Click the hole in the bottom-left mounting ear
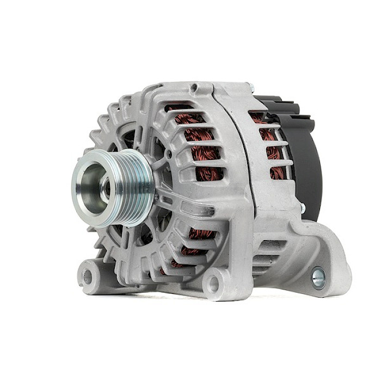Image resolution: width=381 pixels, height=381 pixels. [x=87, y=275]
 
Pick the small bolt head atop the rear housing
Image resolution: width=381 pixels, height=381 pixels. [x=250, y=87]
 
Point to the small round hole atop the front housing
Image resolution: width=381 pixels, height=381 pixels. [x=194, y=87]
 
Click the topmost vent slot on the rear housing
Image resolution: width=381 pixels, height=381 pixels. [x=259, y=116]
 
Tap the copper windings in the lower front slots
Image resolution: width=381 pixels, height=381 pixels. [x=199, y=234]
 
